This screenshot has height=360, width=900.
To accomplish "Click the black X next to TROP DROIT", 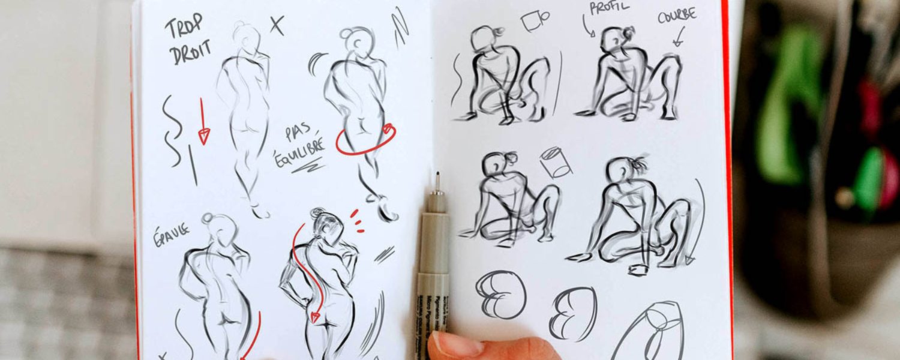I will tap(277, 25).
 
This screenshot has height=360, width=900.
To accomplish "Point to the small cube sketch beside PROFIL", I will tap(534, 21).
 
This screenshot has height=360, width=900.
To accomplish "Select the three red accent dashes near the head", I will tap(356, 221).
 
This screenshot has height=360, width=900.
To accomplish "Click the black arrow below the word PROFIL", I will tap(588, 27).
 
